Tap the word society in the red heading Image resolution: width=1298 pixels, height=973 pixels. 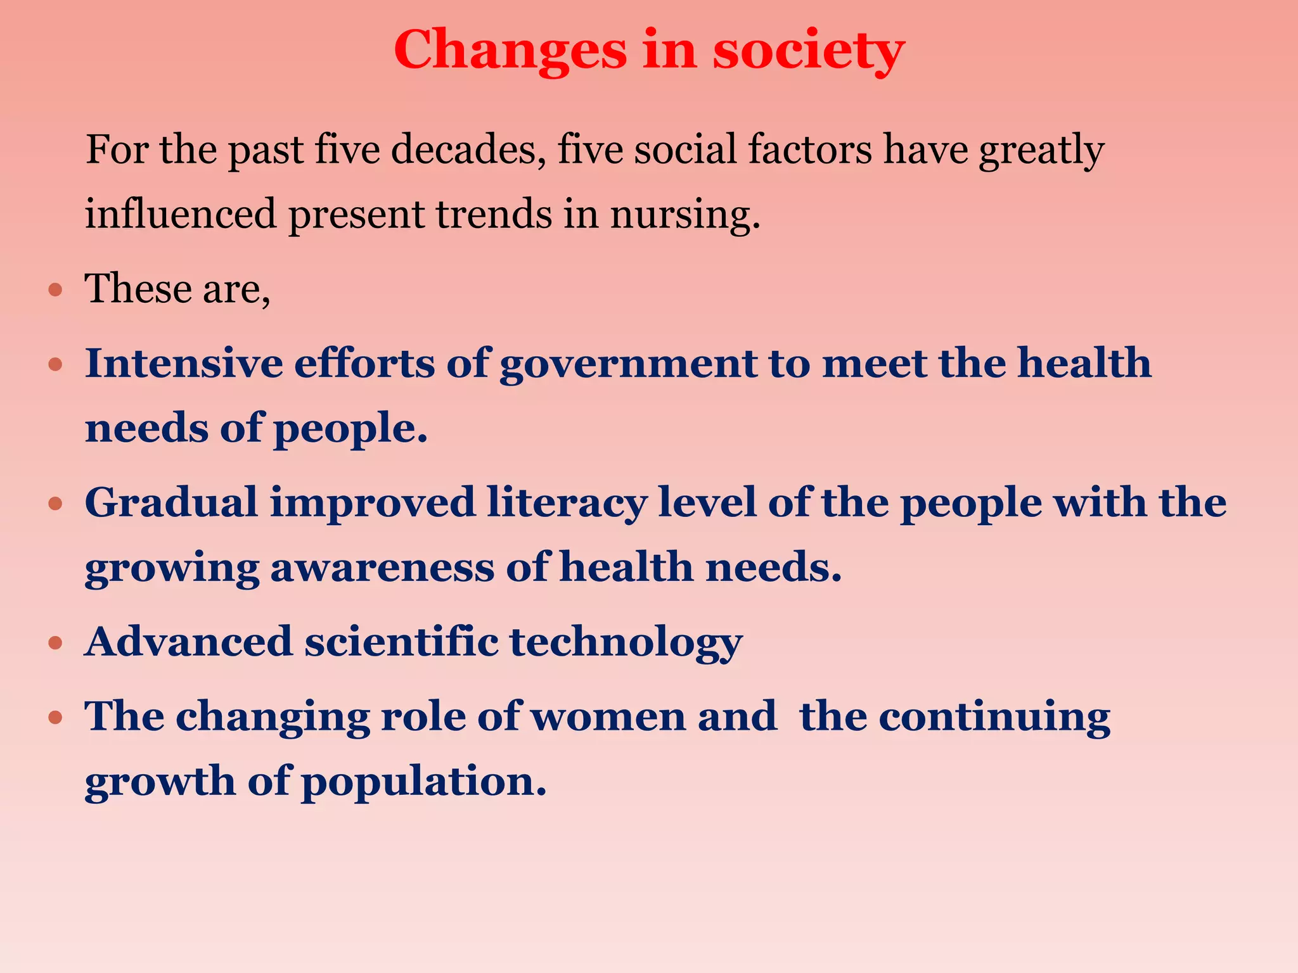809,51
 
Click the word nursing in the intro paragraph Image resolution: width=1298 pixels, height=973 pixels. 684,214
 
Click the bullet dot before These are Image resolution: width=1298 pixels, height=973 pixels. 56,291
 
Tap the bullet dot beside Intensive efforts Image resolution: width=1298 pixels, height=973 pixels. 56,366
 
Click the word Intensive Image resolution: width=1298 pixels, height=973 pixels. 184,364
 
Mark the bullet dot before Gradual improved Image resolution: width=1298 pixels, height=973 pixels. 56,504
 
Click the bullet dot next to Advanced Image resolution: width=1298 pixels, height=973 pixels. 56,644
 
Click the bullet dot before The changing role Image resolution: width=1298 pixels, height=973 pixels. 56,718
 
